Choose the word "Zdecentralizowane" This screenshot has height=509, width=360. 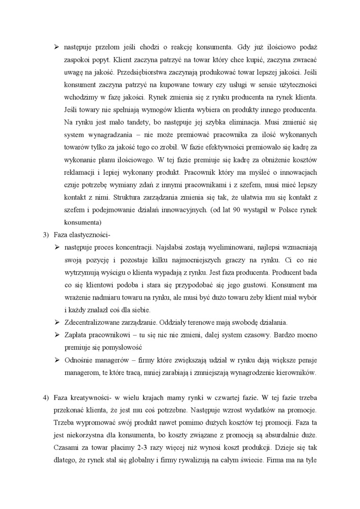pyautogui.click(x=95, y=322)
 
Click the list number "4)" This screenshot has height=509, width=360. pyautogui.click(x=46, y=396)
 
